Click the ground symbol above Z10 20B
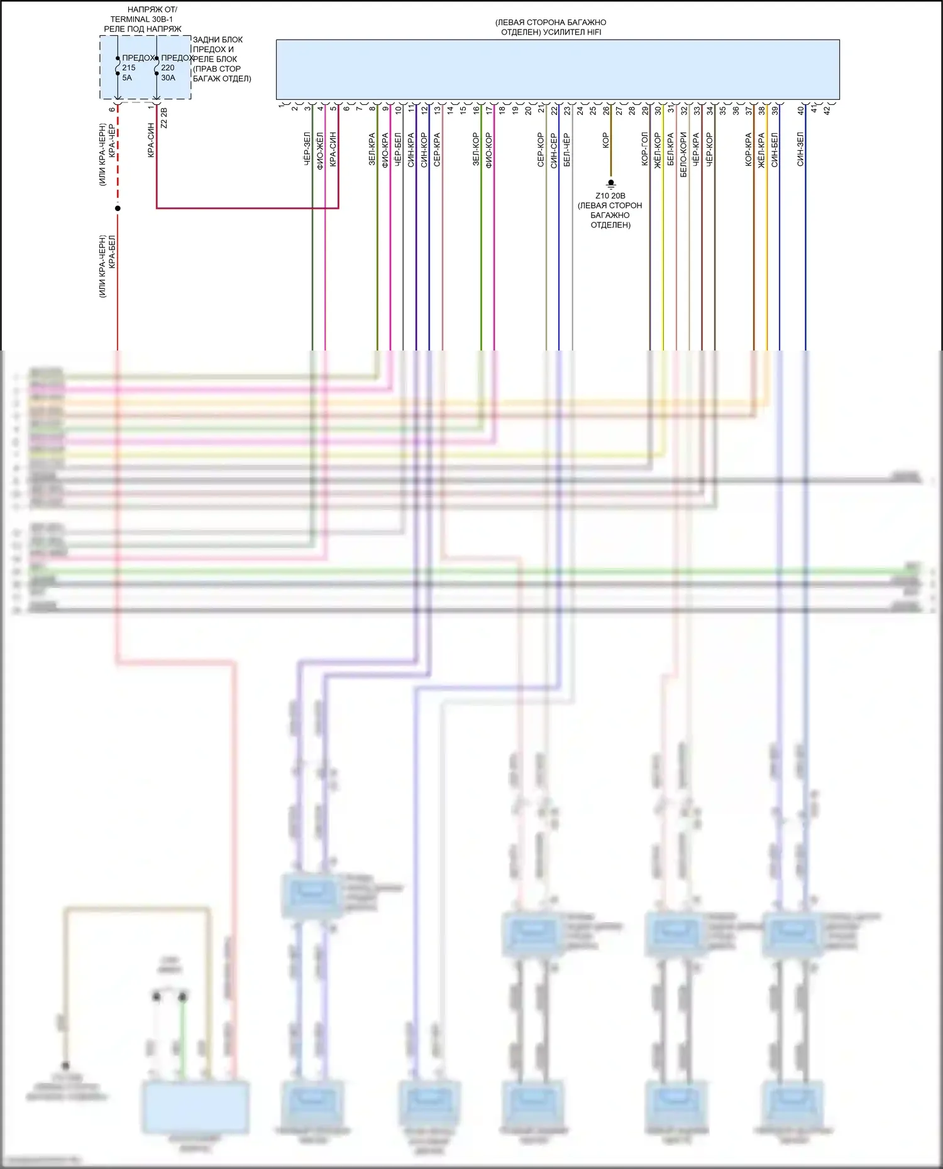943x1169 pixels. (x=610, y=184)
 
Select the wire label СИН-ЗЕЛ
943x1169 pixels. (x=800, y=149)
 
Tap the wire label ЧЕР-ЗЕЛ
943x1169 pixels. (x=307, y=149)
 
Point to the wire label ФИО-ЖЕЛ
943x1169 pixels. (x=320, y=151)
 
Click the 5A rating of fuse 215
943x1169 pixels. (x=127, y=78)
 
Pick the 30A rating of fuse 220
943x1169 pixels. (x=168, y=78)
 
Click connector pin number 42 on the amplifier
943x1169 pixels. (x=827, y=109)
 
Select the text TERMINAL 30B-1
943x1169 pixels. (x=141, y=19)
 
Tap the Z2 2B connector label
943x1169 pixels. (x=164, y=118)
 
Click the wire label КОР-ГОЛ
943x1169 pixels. (x=645, y=149)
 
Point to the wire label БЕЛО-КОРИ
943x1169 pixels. (x=684, y=154)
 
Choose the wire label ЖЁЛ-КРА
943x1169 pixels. (x=761, y=150)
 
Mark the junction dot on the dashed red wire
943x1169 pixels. (x=118, y=208)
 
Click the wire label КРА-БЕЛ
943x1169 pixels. (x=113, y=252)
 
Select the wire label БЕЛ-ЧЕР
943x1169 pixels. (x=567, y=150)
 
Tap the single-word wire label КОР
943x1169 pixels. (x=606, y=140)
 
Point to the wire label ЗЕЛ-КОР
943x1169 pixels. (x=476, y=150)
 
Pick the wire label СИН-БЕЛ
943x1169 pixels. (x=775, y=150)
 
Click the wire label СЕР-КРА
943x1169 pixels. (x=437, y=150)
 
